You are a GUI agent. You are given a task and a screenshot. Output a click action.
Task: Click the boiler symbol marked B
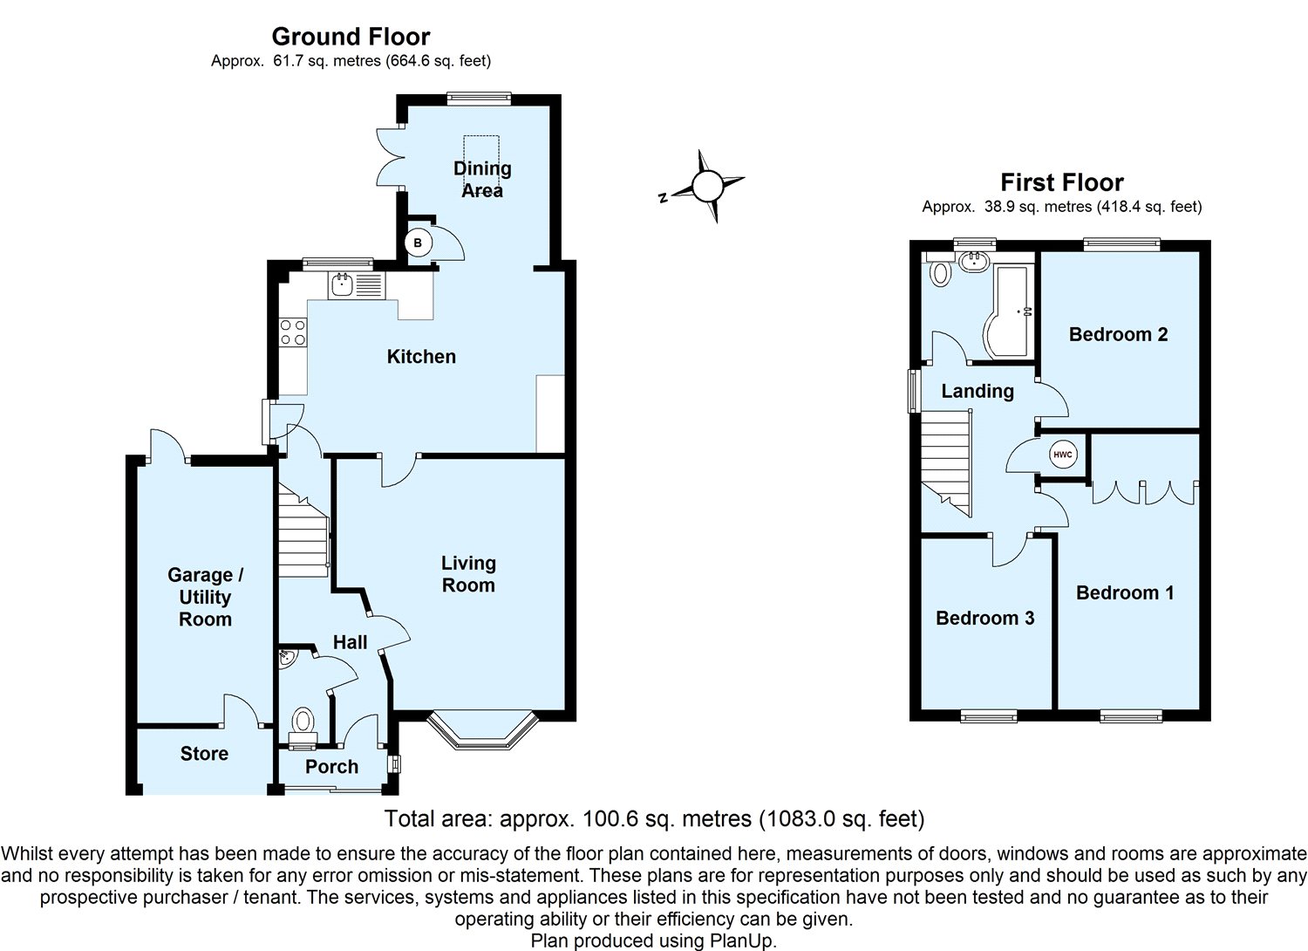(x=418, y=243)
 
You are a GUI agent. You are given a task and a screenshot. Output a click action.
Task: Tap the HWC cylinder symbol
(x=1063, y=455)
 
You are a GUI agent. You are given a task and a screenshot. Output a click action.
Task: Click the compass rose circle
(x=707, y=187)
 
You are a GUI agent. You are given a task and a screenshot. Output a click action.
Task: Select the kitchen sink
(x=340, y=285)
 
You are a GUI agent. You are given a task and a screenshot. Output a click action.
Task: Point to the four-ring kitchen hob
(x=292, y=332)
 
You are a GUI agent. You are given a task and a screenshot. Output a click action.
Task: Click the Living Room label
(x=468, y=573)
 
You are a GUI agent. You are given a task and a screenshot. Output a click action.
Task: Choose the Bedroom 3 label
(x=985, y=618)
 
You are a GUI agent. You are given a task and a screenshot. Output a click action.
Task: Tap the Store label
(x=204, y=754)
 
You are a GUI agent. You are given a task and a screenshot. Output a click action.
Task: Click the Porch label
(x=331, y=766)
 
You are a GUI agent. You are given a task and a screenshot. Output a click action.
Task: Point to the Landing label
(x=978, y=392)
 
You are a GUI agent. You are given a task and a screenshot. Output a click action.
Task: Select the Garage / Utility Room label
(x=205, y=597)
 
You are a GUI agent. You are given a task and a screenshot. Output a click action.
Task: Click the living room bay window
(x=482, y=730)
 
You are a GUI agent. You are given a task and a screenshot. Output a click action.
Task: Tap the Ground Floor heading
(x=351, y=37)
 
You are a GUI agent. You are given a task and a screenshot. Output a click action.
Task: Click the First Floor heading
(x=1062, y=182)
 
